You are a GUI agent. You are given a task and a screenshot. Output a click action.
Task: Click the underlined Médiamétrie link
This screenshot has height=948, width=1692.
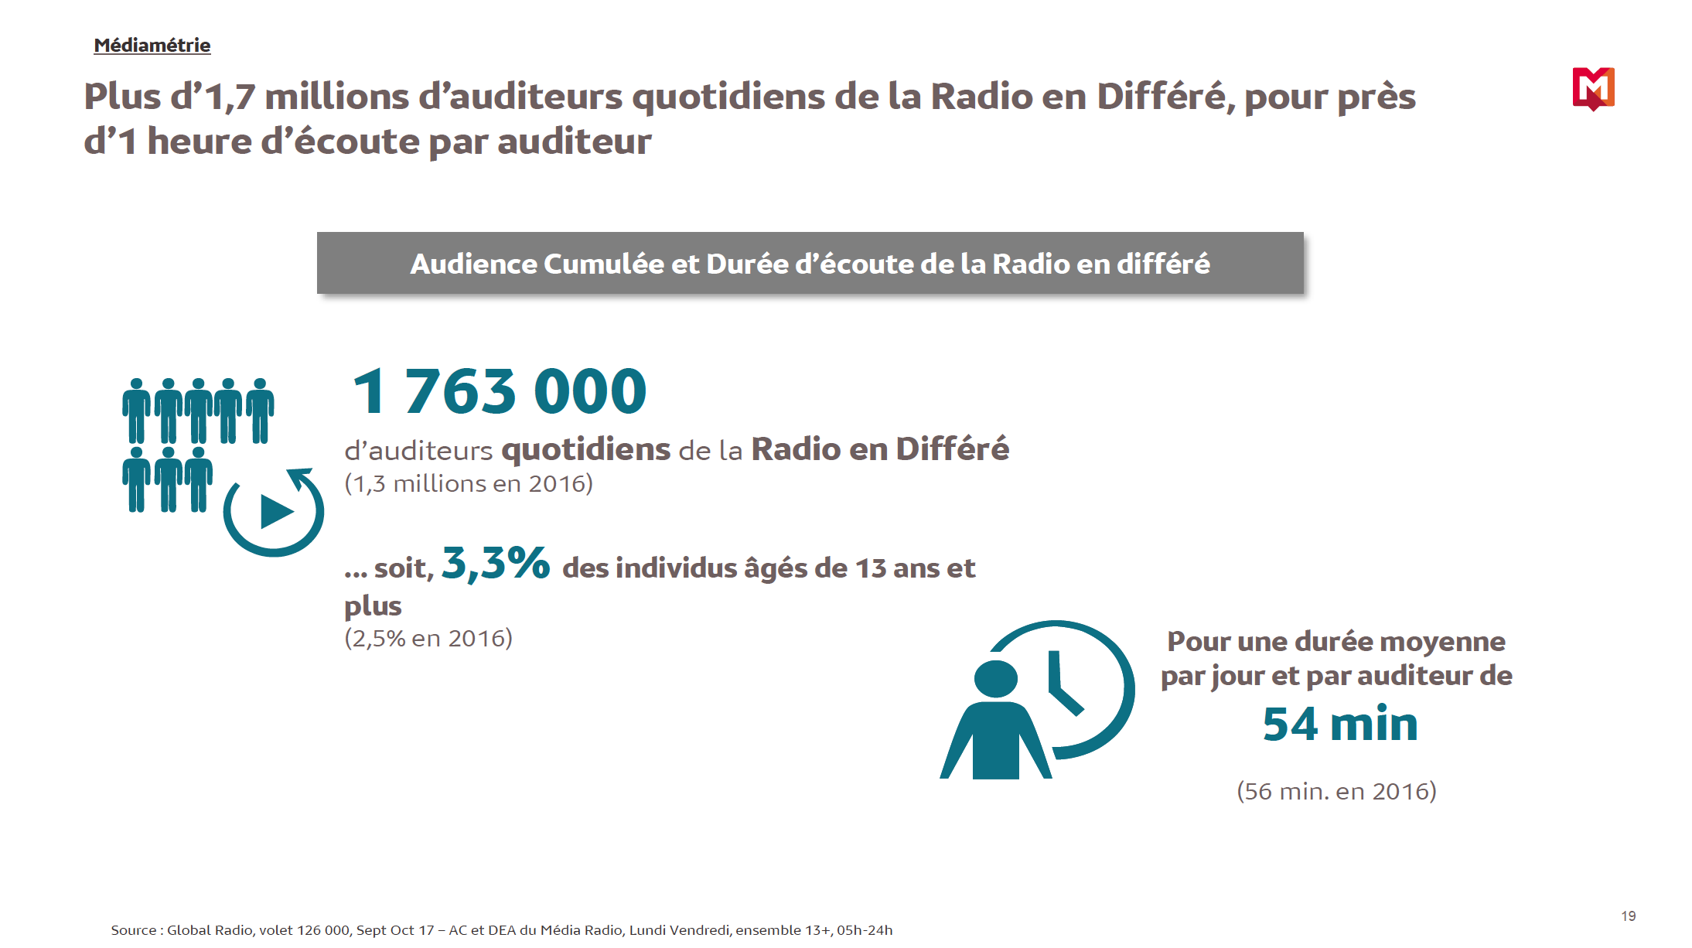click(152, 46)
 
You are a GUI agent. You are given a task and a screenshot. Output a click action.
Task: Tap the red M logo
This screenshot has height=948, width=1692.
click(1593, 88)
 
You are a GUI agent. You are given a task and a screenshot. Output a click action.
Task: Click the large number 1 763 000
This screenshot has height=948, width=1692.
click(499, 391)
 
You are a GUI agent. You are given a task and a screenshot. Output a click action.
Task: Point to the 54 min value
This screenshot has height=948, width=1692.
click(1339, 725)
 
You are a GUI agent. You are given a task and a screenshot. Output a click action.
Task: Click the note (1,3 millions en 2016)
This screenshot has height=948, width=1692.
click(469, 484)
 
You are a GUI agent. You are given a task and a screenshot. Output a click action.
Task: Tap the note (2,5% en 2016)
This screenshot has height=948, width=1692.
click(428, 639)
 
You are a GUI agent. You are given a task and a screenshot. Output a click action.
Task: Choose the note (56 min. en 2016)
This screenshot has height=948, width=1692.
click(1336, 791)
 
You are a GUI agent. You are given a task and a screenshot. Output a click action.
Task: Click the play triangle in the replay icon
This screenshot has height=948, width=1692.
click(275, 511)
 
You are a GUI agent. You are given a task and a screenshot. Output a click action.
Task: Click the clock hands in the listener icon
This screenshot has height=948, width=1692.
click(1061, 685)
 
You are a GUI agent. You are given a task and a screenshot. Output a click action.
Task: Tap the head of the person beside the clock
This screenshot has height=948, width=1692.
click(995, 679)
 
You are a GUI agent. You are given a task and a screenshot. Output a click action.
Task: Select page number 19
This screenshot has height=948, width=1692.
click(1628, 916)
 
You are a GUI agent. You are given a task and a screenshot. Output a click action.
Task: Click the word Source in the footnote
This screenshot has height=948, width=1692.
click(134, 930)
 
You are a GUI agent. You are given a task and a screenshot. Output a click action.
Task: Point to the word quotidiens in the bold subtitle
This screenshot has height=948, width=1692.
click(585, 449)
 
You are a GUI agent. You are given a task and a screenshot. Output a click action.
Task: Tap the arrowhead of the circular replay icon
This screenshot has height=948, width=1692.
click(301, 476)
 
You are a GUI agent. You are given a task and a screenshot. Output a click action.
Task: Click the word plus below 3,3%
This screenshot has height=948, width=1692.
click(373, 606)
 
